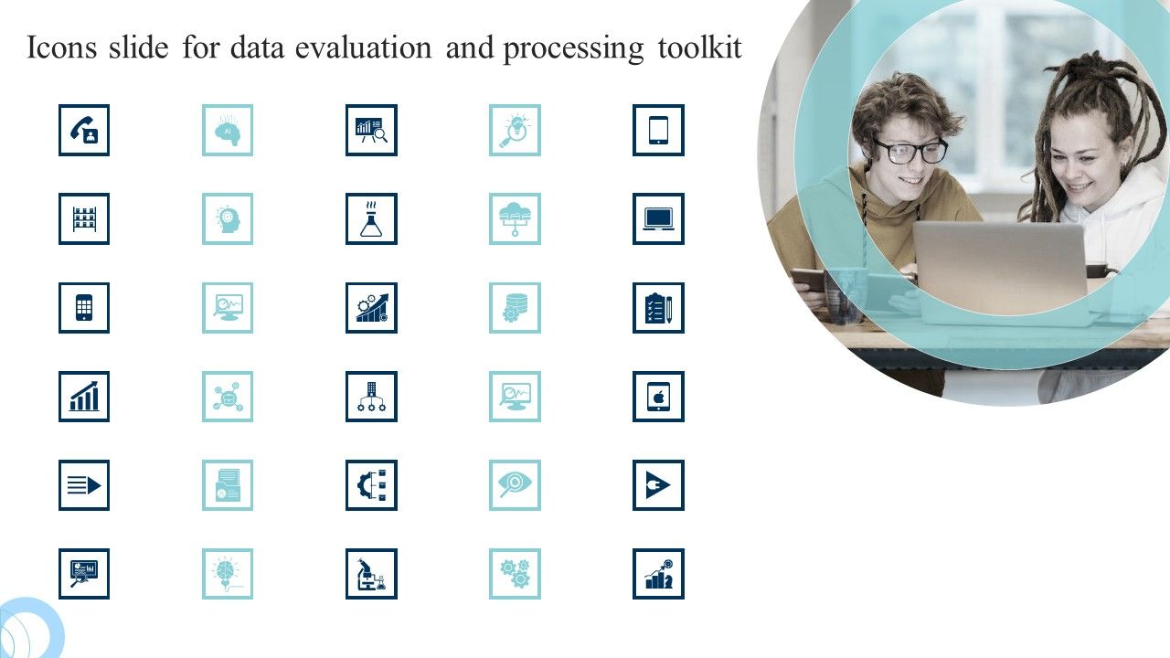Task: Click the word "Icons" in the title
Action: pyautogui.click(x=61, y=48)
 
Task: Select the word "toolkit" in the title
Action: pyautogui.click(x=700, y=48)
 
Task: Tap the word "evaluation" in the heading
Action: pyautogui.click(x=364, y=48)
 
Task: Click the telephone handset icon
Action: pyautogui.click(x=84, y=130)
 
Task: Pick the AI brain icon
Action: pyautogui.click(x=228, y=130)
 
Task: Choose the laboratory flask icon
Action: pyautogui.click(x=371, y=219)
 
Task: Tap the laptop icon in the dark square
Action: pyautogui.click(x=658, y=219)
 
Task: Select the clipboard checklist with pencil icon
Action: pyautogui.click(x=658, y=308)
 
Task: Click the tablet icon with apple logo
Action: pyautogui.click(x=658, y=397)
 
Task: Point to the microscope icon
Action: pyautogui.click(x=371, y=574)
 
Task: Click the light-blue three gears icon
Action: pyautogui.click(x=515, y=574)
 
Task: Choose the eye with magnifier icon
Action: pyautogui.click(x=515, y=485)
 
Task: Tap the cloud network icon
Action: pyautogui.click(x=515, y=219)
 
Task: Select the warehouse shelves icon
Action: pyautogui.click(x=84, y=219)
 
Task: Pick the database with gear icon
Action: pyautogui.click(x=515, y=308)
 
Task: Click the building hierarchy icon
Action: pyautogui.click(x=371, y=397)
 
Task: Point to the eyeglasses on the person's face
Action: pyautogui.click(x=909, y=152)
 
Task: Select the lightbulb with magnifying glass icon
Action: pyautogui.click(x=515, y=130)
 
